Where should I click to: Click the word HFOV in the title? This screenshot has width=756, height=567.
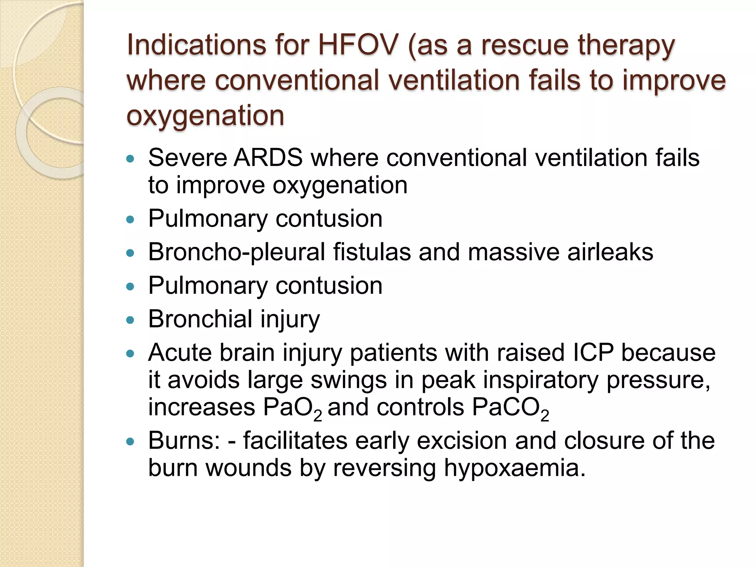[x=358, y=45]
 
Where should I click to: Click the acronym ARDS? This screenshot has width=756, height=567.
[x=268, y=158]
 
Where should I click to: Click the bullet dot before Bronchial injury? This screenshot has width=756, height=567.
[x=130, y=320]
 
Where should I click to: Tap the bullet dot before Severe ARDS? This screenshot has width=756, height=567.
[x=130, y=159]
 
